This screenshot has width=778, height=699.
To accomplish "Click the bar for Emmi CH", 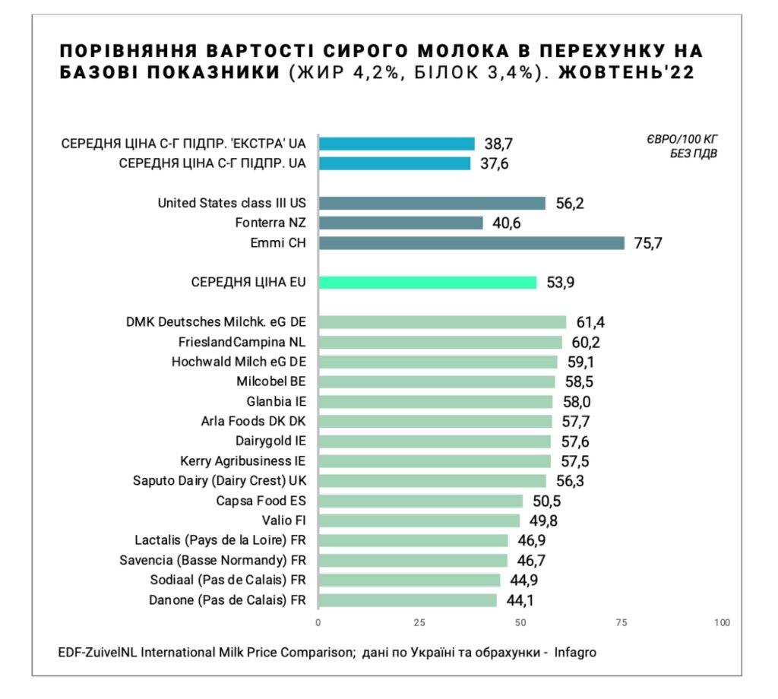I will pyautogui.click(x=471, y=243).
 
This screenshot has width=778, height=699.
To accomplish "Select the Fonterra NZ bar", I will pyautogui.click(x=400, y=223).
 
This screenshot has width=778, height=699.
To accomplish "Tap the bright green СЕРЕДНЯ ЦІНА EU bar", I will pyautogui.click(x=427, y=283).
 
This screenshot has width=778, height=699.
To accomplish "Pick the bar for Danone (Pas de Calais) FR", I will pyautogui.click(x=407, y=600).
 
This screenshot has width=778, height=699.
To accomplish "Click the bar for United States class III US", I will pyautogui.click(x=432, y=203).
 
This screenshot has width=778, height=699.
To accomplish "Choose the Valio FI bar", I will pyautogui.click(x=419, y=520).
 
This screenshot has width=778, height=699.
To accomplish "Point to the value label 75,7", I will pyautogui.click(x=649, y=243).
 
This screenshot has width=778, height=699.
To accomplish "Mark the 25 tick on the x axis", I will pyautogui.click(x=419, y=623).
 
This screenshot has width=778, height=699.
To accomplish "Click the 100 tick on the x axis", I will pyautogui.click(x=722, y=623).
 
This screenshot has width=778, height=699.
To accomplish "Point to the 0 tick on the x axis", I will pyautogui.click(x=318, y=623).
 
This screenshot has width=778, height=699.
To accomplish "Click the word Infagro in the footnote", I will pyautogui.click(x=580, y=653).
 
